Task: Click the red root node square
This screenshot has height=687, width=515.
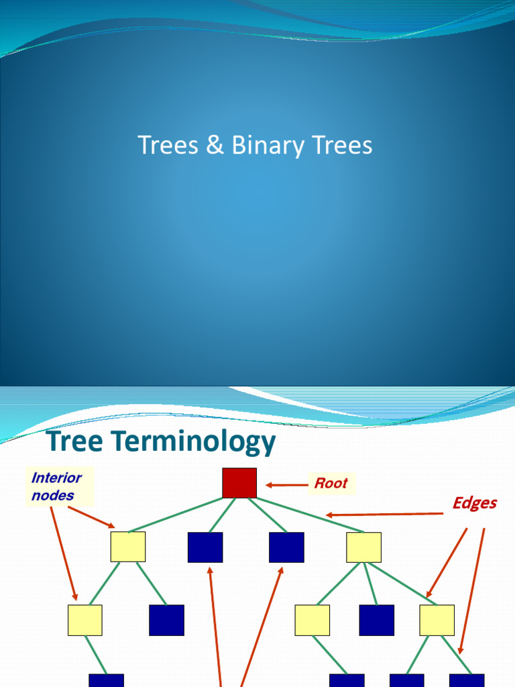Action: tap(239, 483)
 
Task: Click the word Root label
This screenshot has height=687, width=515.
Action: tap(331, 483)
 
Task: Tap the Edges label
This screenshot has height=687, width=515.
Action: tap(475, 503)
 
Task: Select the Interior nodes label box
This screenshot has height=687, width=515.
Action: tap(60, 486)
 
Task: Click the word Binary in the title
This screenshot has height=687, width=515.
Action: tap(268, 145)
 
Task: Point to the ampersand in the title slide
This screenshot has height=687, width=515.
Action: tap(215, 145)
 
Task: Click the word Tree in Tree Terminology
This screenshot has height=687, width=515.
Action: tap(74, 440)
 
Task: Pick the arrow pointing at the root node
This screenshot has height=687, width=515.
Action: tap(287, 484)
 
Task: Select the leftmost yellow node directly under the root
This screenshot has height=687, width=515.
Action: tap(128, 547)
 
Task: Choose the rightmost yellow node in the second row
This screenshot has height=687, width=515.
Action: tap(363, 547)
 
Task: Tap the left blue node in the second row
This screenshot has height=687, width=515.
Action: tap(205, 547)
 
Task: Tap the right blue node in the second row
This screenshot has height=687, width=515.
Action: tap(286, 547)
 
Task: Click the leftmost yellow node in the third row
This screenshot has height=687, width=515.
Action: tap(85, 620)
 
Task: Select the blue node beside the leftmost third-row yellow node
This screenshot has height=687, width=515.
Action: tap(166, 620)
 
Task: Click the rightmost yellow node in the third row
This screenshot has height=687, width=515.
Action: tap(437, 620)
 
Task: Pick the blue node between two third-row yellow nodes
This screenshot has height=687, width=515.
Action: tap(377, 620)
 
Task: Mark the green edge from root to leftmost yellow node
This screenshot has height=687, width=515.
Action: tap(176, 515)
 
